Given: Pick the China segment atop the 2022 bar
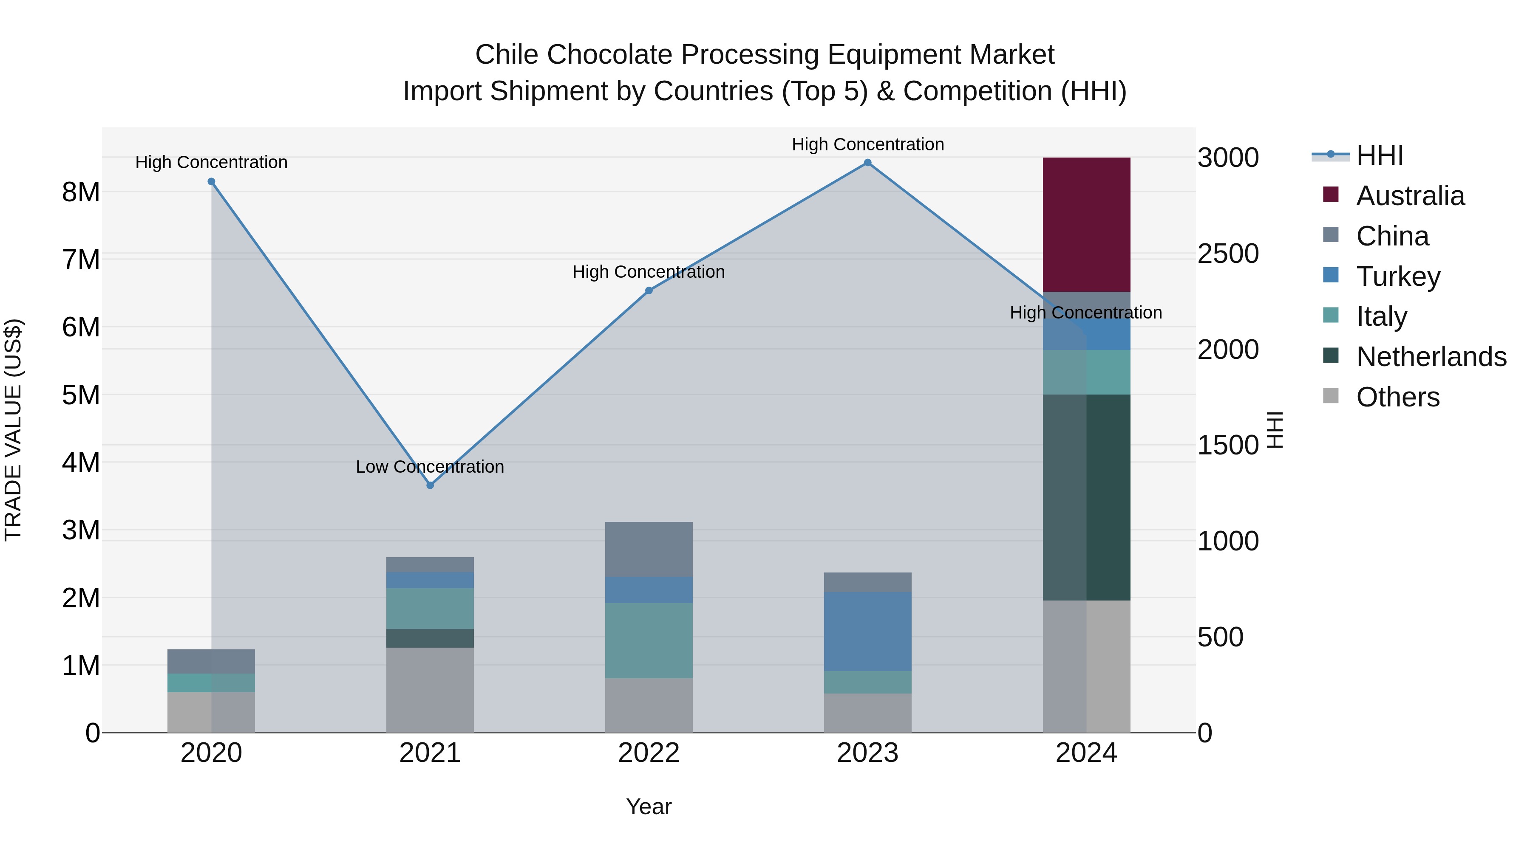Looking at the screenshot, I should point(649,549).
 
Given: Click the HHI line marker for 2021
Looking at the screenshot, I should point(430,485).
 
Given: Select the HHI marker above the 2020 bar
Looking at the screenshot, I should point(212,182).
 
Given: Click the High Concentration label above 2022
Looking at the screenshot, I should point(649,272).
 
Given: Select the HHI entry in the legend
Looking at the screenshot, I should point(1379,155).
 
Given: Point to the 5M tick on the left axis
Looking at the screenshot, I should point(81,395).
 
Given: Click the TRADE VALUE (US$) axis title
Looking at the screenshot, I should point(13,430).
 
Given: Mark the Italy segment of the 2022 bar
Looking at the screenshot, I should point(649,640).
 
